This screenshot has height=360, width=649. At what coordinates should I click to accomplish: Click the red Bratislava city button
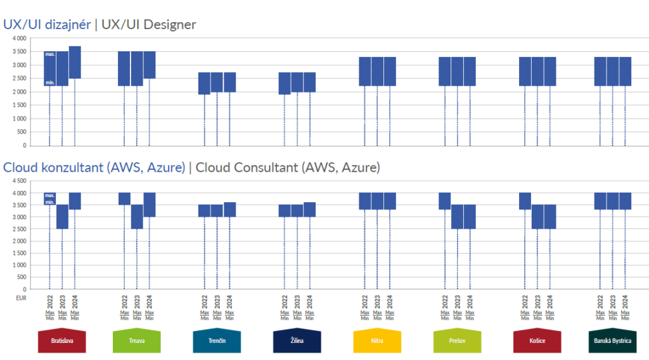click(61, 341)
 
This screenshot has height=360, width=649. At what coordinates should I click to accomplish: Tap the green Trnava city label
click(137, 341)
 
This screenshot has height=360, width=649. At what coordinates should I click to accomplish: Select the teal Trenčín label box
click(217, 341)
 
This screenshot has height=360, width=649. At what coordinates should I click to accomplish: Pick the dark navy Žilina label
click(297, 341)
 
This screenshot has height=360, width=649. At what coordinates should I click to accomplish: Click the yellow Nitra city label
click(377, 341)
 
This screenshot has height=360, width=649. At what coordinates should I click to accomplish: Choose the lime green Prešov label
click(457, 341)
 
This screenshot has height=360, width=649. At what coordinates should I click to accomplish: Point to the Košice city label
click(537, 341)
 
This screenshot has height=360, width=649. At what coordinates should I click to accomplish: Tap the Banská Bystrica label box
click(612, 341)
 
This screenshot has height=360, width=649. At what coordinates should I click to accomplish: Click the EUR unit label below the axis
click(20, 297)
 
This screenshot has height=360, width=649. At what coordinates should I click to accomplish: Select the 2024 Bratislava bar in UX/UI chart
click(75, 62)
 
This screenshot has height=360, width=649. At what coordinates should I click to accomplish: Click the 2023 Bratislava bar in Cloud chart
click(62, 217)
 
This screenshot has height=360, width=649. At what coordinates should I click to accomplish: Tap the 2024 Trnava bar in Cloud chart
click(150, 205)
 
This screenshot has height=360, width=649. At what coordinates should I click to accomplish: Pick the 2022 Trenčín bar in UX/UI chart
click(204, 83)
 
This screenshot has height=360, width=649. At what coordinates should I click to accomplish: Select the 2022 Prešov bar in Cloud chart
click(445, 201)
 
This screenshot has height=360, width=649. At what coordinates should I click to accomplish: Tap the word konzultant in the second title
click(68, 168)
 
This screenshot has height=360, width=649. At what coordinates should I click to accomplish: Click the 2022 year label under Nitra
click(365, 300)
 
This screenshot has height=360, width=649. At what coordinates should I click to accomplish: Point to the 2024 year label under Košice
click(549, 300)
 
